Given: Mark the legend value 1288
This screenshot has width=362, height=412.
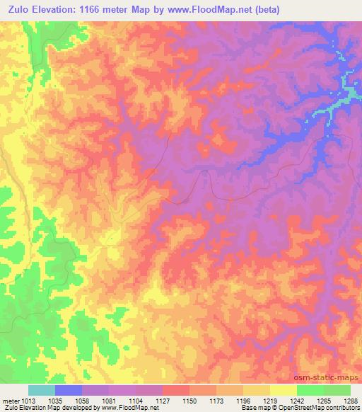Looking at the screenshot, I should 350,400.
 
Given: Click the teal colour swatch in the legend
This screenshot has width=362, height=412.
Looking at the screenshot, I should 42,390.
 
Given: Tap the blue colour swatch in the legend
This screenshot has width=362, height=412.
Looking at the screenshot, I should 69,390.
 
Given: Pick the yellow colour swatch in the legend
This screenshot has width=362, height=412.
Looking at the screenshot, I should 283,390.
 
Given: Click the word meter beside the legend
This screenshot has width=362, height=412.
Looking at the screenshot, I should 10,400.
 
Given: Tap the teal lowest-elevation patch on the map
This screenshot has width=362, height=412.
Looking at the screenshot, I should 344,90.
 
